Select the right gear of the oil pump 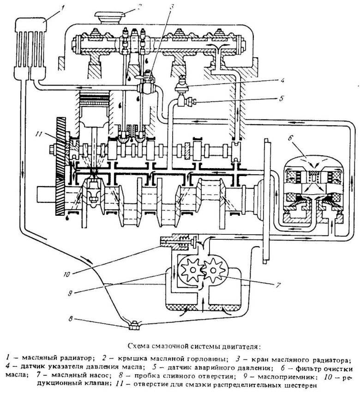tap(215, 271)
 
